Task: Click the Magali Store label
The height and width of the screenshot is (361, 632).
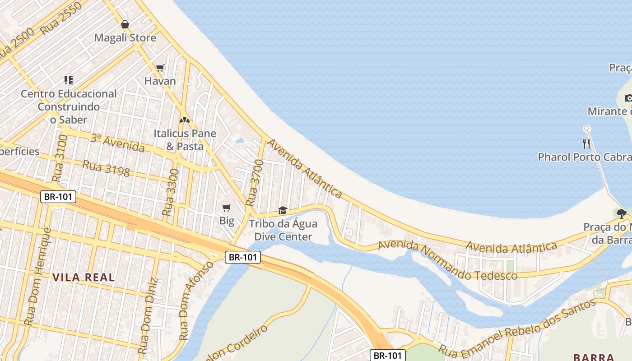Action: click(125, 38)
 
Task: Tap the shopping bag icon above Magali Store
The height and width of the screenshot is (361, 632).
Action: click(125, 24)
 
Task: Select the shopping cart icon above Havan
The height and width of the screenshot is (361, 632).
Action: click(160, 68)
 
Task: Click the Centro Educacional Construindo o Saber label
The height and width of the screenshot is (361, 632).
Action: click(69, 106)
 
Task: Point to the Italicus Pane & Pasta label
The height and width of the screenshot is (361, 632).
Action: click(185, 140)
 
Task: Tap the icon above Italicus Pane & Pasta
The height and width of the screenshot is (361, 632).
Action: click(184, 120)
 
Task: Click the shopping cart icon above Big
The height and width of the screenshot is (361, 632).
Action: click(227, 208)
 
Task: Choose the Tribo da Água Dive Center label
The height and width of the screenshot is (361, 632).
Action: click(283, 230)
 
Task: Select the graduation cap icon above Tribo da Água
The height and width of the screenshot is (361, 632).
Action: click(283, 210)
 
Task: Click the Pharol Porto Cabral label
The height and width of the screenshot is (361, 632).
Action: click(585, 157)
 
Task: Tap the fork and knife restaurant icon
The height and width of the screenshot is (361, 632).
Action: click(586, 144)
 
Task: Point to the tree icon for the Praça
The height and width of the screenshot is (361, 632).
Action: click(622, 213)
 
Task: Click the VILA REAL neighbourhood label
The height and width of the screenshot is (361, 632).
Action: click(84, 278)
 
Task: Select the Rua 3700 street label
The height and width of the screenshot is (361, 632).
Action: click(254, 183)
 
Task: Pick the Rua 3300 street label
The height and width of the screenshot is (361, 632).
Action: click(170, 192)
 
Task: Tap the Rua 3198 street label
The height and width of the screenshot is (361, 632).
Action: click(106, 168)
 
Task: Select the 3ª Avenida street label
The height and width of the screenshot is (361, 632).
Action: click(117, 143)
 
